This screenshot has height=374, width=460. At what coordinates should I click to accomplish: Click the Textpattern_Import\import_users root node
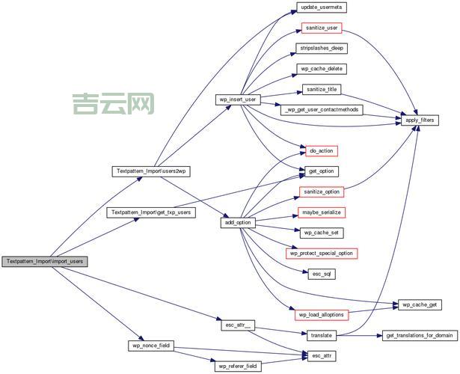[44, 262]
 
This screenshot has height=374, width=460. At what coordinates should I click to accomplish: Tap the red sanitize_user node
[322, 28]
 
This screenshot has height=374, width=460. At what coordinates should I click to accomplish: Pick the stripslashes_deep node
[322, 48]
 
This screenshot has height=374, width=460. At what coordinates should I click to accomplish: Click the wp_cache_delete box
[322, 69]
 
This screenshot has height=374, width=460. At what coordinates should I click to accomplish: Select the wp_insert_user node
[238, 99]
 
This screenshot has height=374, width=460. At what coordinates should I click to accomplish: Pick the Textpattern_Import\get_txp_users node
[151, 212]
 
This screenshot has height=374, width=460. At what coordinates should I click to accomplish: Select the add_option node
[238, 223]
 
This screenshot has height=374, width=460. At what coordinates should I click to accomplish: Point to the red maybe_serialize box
[322, 212]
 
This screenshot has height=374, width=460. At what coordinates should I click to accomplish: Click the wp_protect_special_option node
[322, 254]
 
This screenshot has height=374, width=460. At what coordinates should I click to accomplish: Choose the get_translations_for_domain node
[419, 336]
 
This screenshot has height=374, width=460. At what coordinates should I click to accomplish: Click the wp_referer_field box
[238, 367]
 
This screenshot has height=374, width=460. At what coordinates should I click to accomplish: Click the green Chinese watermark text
[114, 104]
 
